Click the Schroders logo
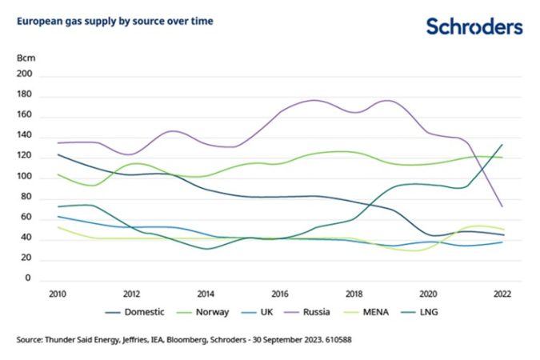coord(474,26)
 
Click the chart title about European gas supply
coord(114,22)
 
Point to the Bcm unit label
coord(26,58)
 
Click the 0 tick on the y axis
coord(27,279)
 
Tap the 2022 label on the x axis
coord(502,294)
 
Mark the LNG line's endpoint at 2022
coord(502,145)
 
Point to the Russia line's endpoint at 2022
coord(502,206)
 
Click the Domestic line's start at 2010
coord(57,154)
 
